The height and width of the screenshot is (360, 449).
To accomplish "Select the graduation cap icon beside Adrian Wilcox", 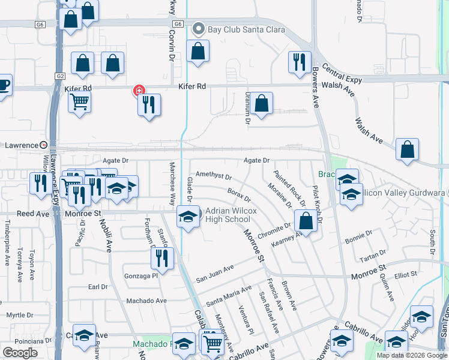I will (188, 217).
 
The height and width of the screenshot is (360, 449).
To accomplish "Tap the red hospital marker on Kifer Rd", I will (139, 91).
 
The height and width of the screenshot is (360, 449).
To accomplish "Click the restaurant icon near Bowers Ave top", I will (298, 62).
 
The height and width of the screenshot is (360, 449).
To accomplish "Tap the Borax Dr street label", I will (239, 195).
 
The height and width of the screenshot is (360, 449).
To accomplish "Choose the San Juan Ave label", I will (214, 275).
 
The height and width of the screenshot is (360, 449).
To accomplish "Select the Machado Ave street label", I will (146, 301).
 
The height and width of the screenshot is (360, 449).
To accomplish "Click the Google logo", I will (20, 353).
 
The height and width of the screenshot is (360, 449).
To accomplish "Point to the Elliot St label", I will (406, 275).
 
